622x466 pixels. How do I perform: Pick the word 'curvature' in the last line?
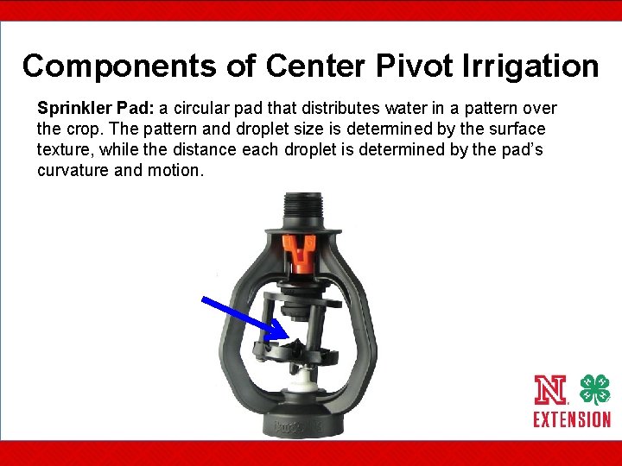pos(75,171)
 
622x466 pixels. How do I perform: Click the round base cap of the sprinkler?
pos(301,422)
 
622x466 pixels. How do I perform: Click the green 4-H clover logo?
pos(593,390)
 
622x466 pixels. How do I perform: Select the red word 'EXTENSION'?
pos(571,420)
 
